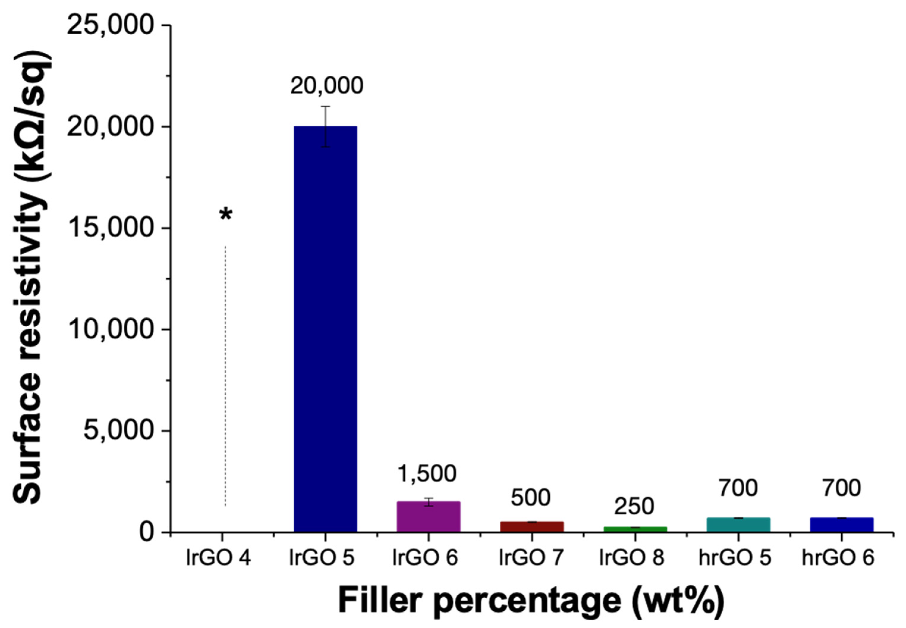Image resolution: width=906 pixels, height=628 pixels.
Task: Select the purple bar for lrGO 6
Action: point(428,516)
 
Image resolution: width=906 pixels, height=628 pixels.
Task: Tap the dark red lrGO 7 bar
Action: point(532,526)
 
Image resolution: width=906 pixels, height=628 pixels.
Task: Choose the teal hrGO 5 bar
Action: point(738,525)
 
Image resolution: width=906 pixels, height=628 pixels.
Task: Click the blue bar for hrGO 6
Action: point(842,525)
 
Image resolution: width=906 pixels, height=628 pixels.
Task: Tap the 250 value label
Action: point(634,506)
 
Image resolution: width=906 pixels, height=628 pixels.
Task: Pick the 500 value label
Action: point(530,498)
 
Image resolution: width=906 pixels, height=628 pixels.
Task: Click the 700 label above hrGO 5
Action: point(738,488)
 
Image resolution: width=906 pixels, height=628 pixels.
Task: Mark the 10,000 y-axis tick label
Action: point(110,329)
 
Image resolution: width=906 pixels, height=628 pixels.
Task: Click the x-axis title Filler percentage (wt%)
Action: point(531,601)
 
